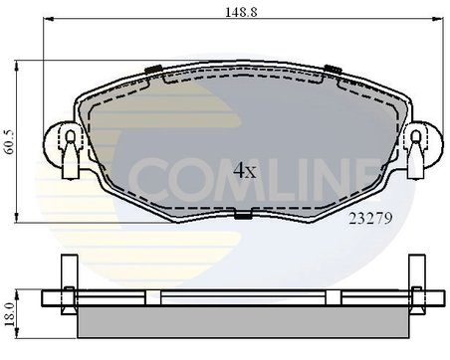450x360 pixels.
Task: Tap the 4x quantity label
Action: pyautogui.click(x=244, y=171)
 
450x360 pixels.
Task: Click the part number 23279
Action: pyautogui.click(x=369, y=221)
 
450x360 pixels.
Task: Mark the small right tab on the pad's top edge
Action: pyautogui.click(x=330, y=68)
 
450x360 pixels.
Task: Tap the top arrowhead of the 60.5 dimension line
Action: pyautogui.click(x=23, y=63)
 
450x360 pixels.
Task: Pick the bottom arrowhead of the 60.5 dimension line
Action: pyautogui.click(x=23, y=219)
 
